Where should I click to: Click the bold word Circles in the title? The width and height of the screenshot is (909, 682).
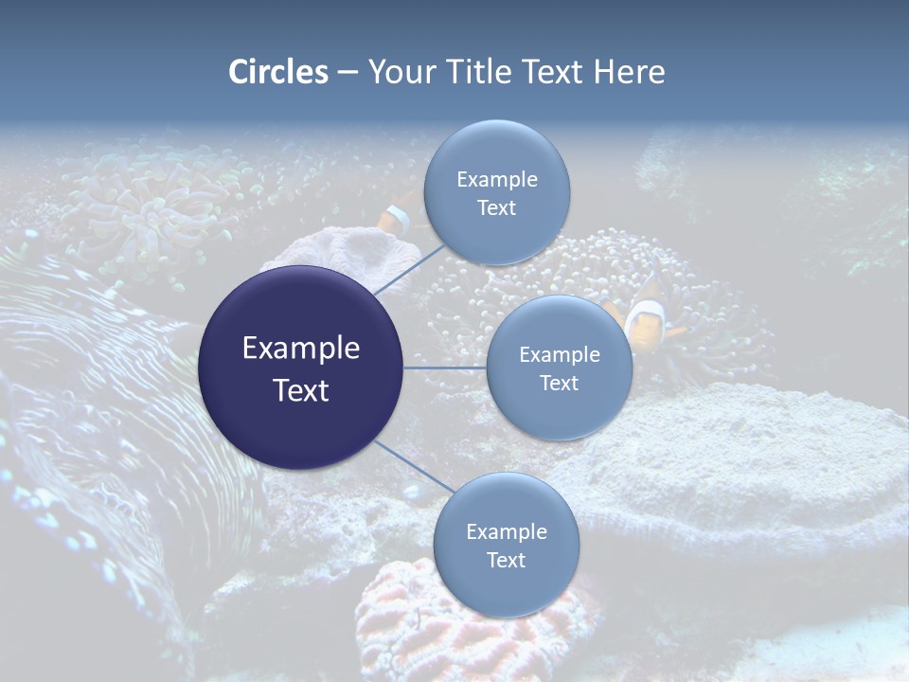[x=278, y=72]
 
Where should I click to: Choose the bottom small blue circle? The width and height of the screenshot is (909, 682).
[x=506, y=587]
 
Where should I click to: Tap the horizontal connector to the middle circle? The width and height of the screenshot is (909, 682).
[x=445, y=368]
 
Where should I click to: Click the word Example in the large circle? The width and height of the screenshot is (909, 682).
[x=301, y=349]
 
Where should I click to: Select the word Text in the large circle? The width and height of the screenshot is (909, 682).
[x=301, y=390]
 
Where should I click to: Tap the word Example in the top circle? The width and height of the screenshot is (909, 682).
[x=496, y=180]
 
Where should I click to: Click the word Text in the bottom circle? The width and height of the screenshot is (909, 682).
[x=506, y=561]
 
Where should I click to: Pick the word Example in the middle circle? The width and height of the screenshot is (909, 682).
[x=559, y=355]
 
